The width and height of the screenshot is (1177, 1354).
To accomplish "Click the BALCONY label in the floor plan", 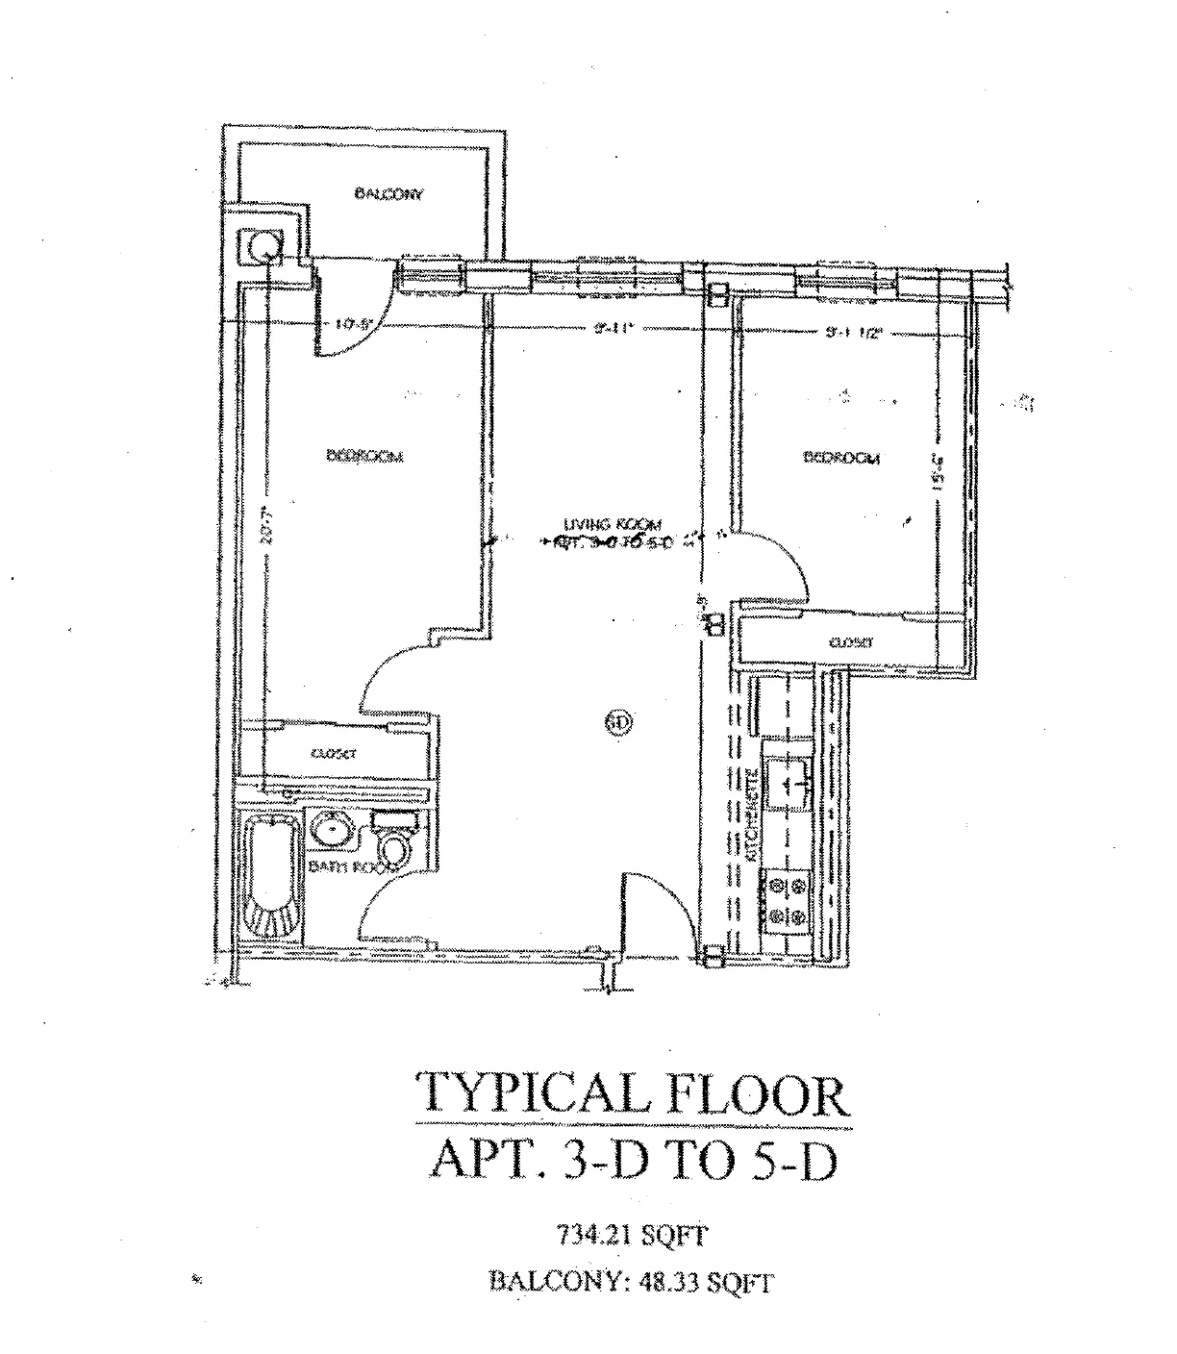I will [x=388, y=194].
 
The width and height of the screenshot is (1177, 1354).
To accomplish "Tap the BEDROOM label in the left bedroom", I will [x=364, y=456].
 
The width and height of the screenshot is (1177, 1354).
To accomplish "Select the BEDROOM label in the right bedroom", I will [x=841, y=458].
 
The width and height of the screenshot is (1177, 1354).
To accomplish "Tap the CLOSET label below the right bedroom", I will [x=849, y=641].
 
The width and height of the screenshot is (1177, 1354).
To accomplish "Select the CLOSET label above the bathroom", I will [x=334, y=755].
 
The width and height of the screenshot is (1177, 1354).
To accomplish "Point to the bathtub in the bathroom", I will [x=274, y=877].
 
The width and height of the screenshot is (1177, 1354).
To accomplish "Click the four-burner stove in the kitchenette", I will [x=788, y=901].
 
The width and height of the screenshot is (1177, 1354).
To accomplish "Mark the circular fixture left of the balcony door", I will [x=263, y=248].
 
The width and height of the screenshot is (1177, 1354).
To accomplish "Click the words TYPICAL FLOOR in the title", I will [x=633, y=1093].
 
